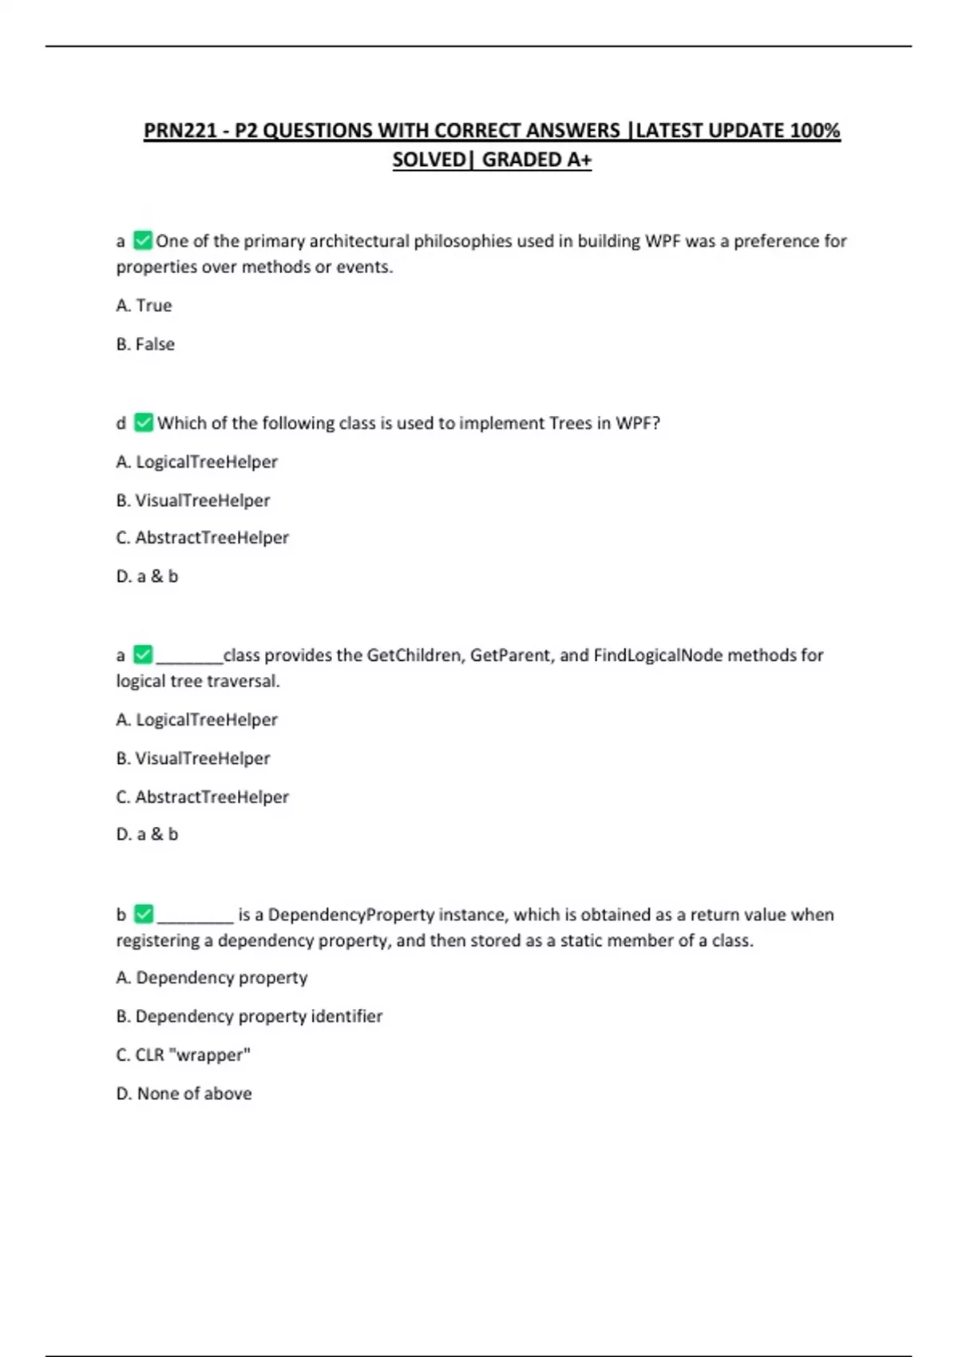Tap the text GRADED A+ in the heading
tap(536, 160)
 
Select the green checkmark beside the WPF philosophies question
tap(143, 240)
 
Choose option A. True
tap(144, 305)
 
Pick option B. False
tap(145, 344)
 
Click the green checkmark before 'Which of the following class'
tap(144, 422)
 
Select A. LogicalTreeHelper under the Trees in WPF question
tap(196, 461)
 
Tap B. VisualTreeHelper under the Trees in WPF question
tap(193, 500)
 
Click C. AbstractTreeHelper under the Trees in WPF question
tap(202, 538)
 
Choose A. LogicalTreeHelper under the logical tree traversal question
tap(196, 719)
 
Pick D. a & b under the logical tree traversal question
tap(147, 834)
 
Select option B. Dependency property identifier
tap(249, 1016)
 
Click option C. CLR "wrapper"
tap(183, 1054)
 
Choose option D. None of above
tap(184, 1094)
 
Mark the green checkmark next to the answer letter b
tap(144, 914)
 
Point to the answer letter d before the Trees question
tap(121, 423)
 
